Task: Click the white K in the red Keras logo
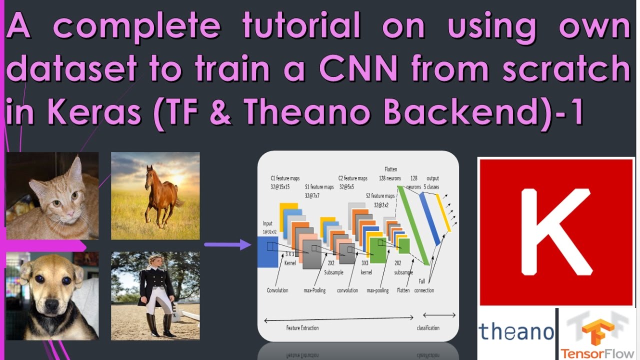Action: coord(555,232)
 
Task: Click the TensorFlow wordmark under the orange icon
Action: coord(597,352)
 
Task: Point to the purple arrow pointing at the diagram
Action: coord(227,244)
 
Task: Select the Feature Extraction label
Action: coord(302,328)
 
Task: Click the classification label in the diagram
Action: coord(428,328)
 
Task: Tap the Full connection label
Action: coord(424,286)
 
